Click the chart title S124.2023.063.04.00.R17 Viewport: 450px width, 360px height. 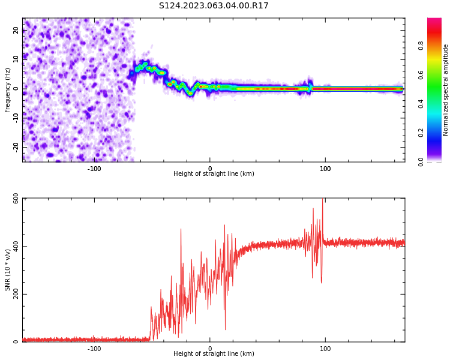(214, 6)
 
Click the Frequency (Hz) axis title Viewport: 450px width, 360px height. (8, 90)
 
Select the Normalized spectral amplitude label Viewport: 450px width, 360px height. (446, 90)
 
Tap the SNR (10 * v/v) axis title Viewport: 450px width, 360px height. (8, 270)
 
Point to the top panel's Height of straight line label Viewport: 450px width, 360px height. (214, 174)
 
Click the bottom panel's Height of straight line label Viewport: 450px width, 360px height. (214, 354)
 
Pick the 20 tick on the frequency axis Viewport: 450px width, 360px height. (16, 31)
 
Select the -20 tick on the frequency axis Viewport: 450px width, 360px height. (16, 146)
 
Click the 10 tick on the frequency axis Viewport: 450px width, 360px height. (16, 59)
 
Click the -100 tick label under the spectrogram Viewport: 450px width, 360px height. (94, 169)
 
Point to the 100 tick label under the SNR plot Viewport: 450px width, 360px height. (325, 348)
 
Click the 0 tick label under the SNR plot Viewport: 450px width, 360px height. (210, 348)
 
